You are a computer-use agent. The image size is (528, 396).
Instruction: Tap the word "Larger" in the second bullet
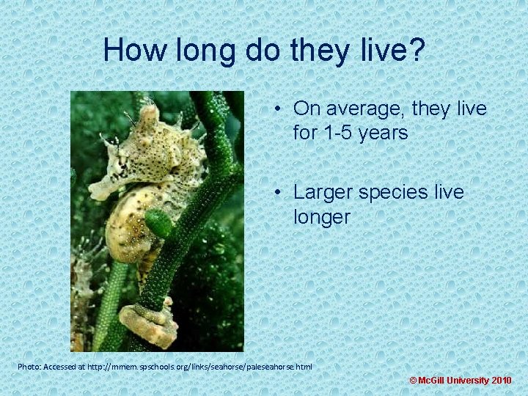point(328,192)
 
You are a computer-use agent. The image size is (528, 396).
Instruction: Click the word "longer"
point(321,217)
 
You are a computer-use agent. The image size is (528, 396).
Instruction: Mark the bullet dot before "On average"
point(281,110)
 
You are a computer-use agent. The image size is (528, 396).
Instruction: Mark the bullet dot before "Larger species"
point(281,193)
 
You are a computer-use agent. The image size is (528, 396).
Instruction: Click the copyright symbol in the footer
point(413,381)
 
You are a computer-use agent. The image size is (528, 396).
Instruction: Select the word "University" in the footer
point(470,381)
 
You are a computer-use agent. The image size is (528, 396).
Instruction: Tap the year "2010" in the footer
point(502,381)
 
